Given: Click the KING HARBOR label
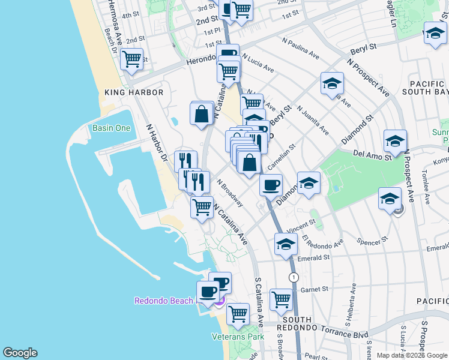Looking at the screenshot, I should [x=134, y=92].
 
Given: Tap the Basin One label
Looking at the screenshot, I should [x=111, y=128].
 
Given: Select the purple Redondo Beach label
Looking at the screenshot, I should [x=164, y=301].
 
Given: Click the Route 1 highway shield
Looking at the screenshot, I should [x=294, y=277].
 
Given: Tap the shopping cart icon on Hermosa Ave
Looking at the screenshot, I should [x=131, y=59].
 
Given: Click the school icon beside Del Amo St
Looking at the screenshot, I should [x=395, y=141].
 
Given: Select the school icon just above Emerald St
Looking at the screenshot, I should [x=286, y=244].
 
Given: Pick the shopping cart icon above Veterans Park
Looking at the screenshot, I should [x=238, y=313].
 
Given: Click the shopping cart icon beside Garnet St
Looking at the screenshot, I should [x=281, y=299].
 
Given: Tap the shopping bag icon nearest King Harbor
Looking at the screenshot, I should [x=202, y=113].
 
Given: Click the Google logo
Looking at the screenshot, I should [x=20, y=353].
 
